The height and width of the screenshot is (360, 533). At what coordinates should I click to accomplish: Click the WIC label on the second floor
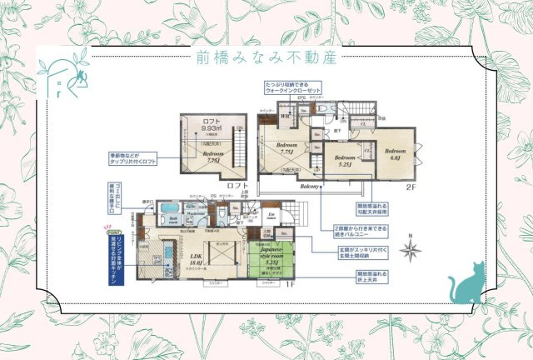tap(286, 117)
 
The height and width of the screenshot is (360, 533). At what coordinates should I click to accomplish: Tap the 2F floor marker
tap(411, 188)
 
